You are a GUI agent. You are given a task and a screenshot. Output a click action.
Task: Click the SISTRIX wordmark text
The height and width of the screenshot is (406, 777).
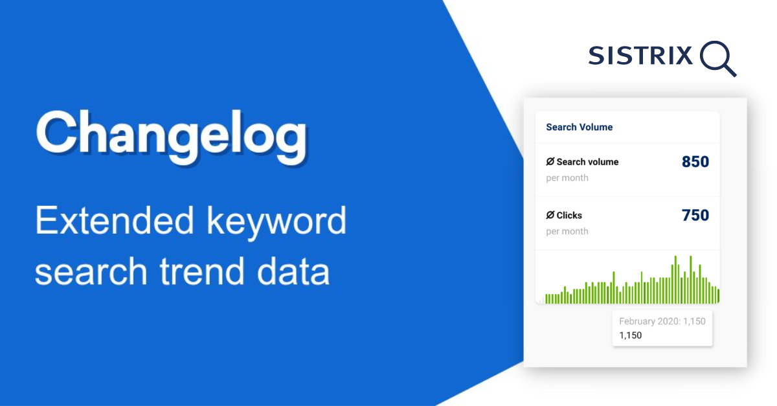click(x=640, y=56)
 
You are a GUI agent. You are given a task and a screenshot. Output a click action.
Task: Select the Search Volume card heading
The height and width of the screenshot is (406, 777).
click(x=579, y=127)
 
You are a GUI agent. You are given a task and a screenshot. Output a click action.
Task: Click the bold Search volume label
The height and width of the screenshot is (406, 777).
click(x=587, y=162)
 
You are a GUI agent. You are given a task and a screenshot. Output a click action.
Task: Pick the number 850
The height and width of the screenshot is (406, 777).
click(x=695, y=162)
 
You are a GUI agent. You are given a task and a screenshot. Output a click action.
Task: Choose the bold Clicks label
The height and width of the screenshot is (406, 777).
click(x=569, y=215)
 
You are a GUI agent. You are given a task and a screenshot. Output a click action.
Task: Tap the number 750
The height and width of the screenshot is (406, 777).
click(x=695, y=215)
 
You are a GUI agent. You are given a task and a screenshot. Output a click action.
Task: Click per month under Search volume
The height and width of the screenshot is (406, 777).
click(x=567, y=178)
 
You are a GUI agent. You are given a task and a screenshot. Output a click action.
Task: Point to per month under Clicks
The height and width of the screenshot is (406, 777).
click(x=567, y=231)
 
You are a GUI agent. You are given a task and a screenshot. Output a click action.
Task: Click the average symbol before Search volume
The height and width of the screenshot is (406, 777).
click(x=550, y=162)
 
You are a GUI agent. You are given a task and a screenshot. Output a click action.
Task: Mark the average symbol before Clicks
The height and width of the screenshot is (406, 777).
click(x=550, y=215)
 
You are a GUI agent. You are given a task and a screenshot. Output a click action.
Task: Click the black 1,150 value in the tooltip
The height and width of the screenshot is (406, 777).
click(x=631, y=335)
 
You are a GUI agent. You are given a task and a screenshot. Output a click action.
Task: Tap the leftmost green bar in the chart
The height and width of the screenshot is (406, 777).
click(x=546, y=299)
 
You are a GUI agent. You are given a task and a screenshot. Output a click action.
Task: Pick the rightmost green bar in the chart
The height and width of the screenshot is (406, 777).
click(x=718, y=296)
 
